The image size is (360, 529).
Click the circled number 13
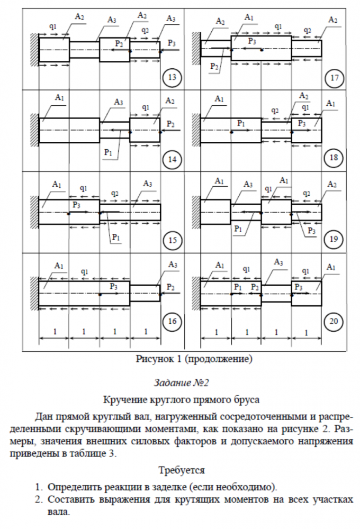[172, 78]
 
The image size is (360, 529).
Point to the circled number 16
[172, 321]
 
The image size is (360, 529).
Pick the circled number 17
[334, 79]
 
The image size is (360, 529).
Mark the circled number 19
[334, 240]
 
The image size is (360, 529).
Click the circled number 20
[334, 321]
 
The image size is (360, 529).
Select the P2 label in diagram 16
[170, 287]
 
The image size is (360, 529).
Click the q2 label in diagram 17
[308, 30]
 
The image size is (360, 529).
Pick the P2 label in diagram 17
[214, 66]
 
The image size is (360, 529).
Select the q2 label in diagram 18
[274, 111]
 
